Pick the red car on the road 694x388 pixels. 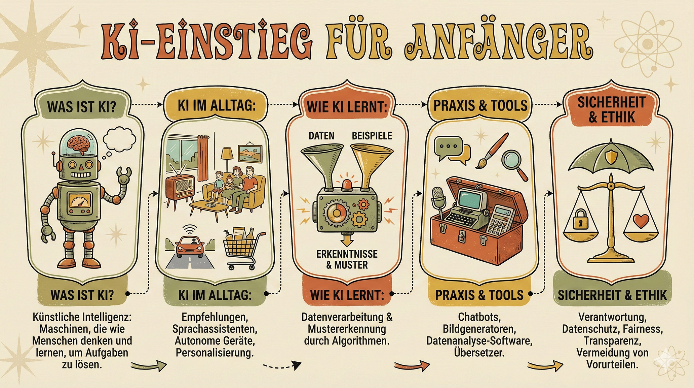(190, 248)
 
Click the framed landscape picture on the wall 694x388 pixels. (250, 154)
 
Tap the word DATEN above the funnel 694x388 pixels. (321, 136)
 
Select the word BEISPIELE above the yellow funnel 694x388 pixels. (372, 136)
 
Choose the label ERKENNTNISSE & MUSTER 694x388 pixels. (347, 259)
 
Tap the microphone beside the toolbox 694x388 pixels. (438, 199)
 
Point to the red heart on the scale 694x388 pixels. (641, 221)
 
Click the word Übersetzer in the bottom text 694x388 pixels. (479, 353)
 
